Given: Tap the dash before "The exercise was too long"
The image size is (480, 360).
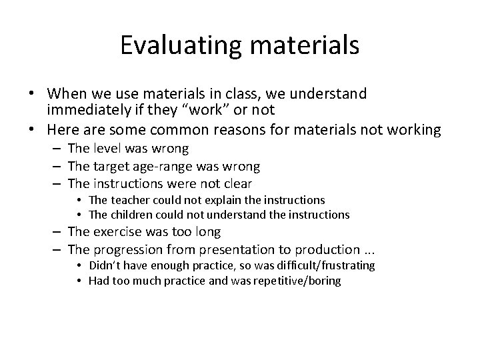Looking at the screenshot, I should pyautogui.click(x=57, y=232).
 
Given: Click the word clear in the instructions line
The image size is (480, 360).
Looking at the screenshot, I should pyautogui.click(x=238, y=183).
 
